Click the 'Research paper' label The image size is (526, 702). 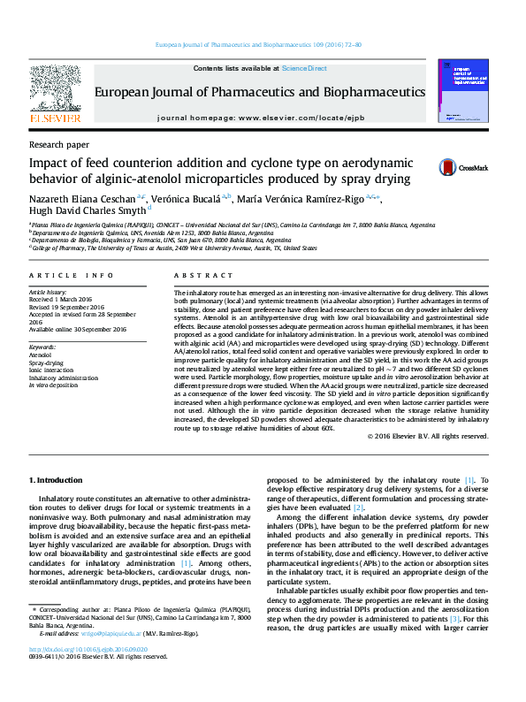pyautogui.click(x=59, y=143)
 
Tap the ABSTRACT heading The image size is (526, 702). pyautogui.click(x=197, y=276)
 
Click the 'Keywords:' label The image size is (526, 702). pyautogui.click(x=42, y=347)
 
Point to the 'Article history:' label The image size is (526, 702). pyautogui.click(x=49, y=291)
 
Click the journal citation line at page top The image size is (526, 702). pyautogui.click(x=258, y=44)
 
